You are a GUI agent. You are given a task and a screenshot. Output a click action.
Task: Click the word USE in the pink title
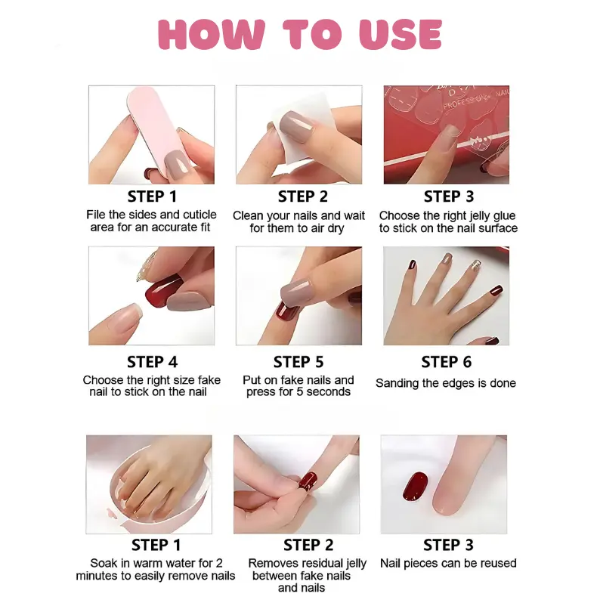[401, 34]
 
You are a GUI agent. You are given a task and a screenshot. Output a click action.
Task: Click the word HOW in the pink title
[212, 34]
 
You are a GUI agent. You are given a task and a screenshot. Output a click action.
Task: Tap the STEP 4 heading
[153, 362]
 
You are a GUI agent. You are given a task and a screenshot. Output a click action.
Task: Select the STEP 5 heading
[298, 362]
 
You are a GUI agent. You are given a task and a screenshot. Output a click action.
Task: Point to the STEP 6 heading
[447, 362]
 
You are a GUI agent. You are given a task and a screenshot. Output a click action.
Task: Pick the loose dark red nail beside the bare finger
[415, 487]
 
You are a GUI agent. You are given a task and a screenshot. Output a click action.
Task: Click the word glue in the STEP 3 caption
[503, 216]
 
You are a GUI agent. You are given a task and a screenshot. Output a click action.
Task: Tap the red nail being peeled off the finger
[308, 481]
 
